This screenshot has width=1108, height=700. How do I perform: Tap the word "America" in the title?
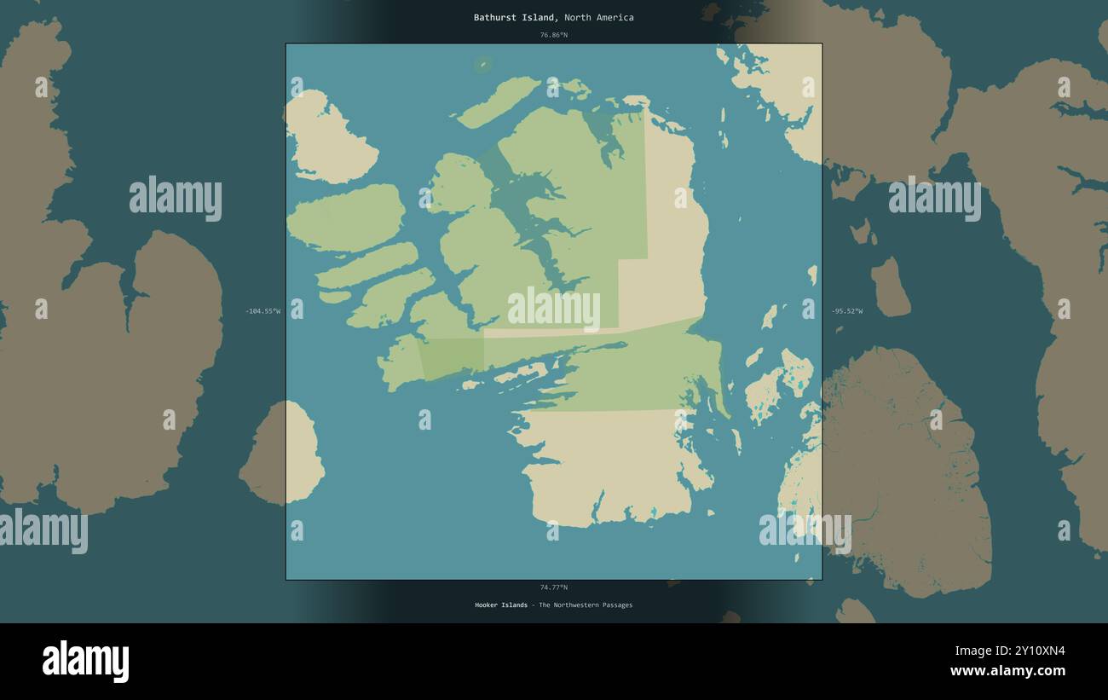(615, 17)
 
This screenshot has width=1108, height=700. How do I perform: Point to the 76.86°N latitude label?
(553, 35)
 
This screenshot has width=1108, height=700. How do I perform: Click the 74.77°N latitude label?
(553, 587)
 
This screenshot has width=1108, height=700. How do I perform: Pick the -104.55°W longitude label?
(263, 311)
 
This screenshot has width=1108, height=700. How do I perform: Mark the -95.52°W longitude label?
(847, 311)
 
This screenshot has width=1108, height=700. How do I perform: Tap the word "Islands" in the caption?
(515, 605)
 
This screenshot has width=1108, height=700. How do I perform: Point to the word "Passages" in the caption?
(619, 605)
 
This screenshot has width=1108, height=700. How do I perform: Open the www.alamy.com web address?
(1007, 671)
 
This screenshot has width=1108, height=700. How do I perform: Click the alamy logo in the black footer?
(85, 662)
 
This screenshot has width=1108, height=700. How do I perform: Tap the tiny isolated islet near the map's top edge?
(483, 63)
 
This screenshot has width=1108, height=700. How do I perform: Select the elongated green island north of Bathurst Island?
(499, 101)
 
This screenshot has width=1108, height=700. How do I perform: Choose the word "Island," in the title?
(539, 17)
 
